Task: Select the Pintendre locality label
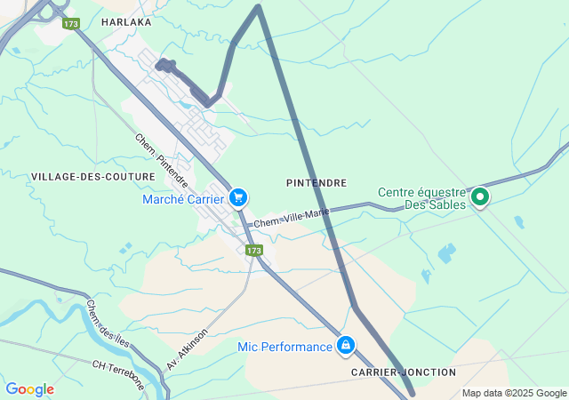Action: tap(317, 182)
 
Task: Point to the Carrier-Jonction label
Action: tap(403, 372)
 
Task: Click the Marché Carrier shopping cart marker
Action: tap(237, 197)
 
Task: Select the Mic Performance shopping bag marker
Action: tap(346, 345)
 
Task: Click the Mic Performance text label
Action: tap(284, 346)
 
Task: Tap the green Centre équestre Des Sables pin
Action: tap(480, 196)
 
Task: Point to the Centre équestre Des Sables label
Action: tap(422, 197)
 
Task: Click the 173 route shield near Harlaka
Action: tap(71, 24)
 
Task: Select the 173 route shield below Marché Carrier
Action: tap(254, 251)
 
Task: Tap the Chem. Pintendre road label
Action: tap(161, 160)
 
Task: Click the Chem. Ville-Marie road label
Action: tap(291, 218)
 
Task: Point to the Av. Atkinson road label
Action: tap(187, 348)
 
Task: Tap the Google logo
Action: tap(29, 389)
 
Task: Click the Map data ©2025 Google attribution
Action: tap(514, 393)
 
